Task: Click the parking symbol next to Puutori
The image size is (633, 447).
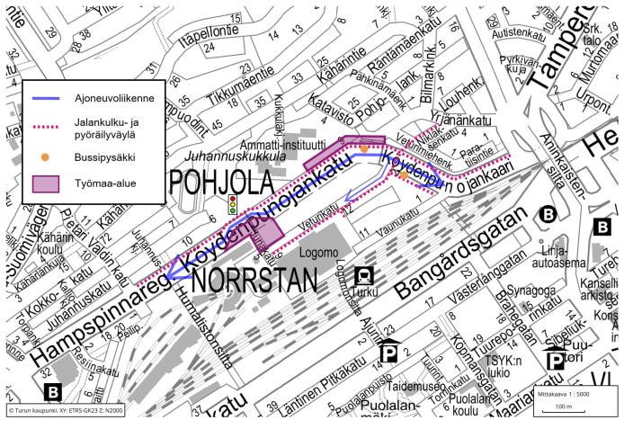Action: (x=557, y=362)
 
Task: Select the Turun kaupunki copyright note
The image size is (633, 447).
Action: (x=65, y=410)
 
